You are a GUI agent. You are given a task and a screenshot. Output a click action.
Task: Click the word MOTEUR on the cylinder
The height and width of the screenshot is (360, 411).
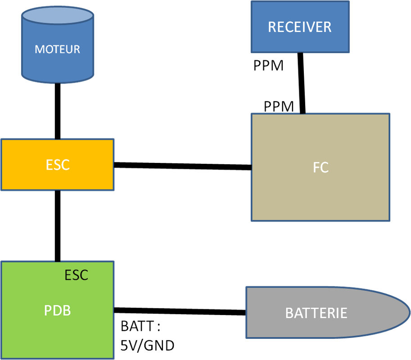57,49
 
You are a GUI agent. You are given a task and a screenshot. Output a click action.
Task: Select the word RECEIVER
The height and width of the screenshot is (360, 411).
299,27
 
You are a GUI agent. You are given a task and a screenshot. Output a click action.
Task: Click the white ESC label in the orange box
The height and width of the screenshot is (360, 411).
58,165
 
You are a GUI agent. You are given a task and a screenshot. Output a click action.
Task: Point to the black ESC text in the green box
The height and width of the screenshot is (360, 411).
76,275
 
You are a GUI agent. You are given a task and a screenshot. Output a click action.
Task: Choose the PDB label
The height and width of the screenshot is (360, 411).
57,310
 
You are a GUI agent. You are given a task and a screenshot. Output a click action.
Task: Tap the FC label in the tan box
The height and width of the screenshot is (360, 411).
321,167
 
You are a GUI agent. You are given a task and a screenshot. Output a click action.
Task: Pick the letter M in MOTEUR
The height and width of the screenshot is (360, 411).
39,49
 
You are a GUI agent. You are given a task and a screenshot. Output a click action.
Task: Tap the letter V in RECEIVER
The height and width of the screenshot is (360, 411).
313,27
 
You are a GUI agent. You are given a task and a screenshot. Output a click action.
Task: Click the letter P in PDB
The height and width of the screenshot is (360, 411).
48,310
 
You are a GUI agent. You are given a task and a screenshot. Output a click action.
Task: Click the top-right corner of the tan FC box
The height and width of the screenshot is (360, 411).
389,114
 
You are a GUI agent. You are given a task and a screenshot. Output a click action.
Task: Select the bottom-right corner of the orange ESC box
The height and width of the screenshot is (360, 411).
113,189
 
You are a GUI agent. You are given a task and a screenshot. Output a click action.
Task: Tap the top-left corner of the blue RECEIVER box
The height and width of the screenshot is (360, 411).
252,2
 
